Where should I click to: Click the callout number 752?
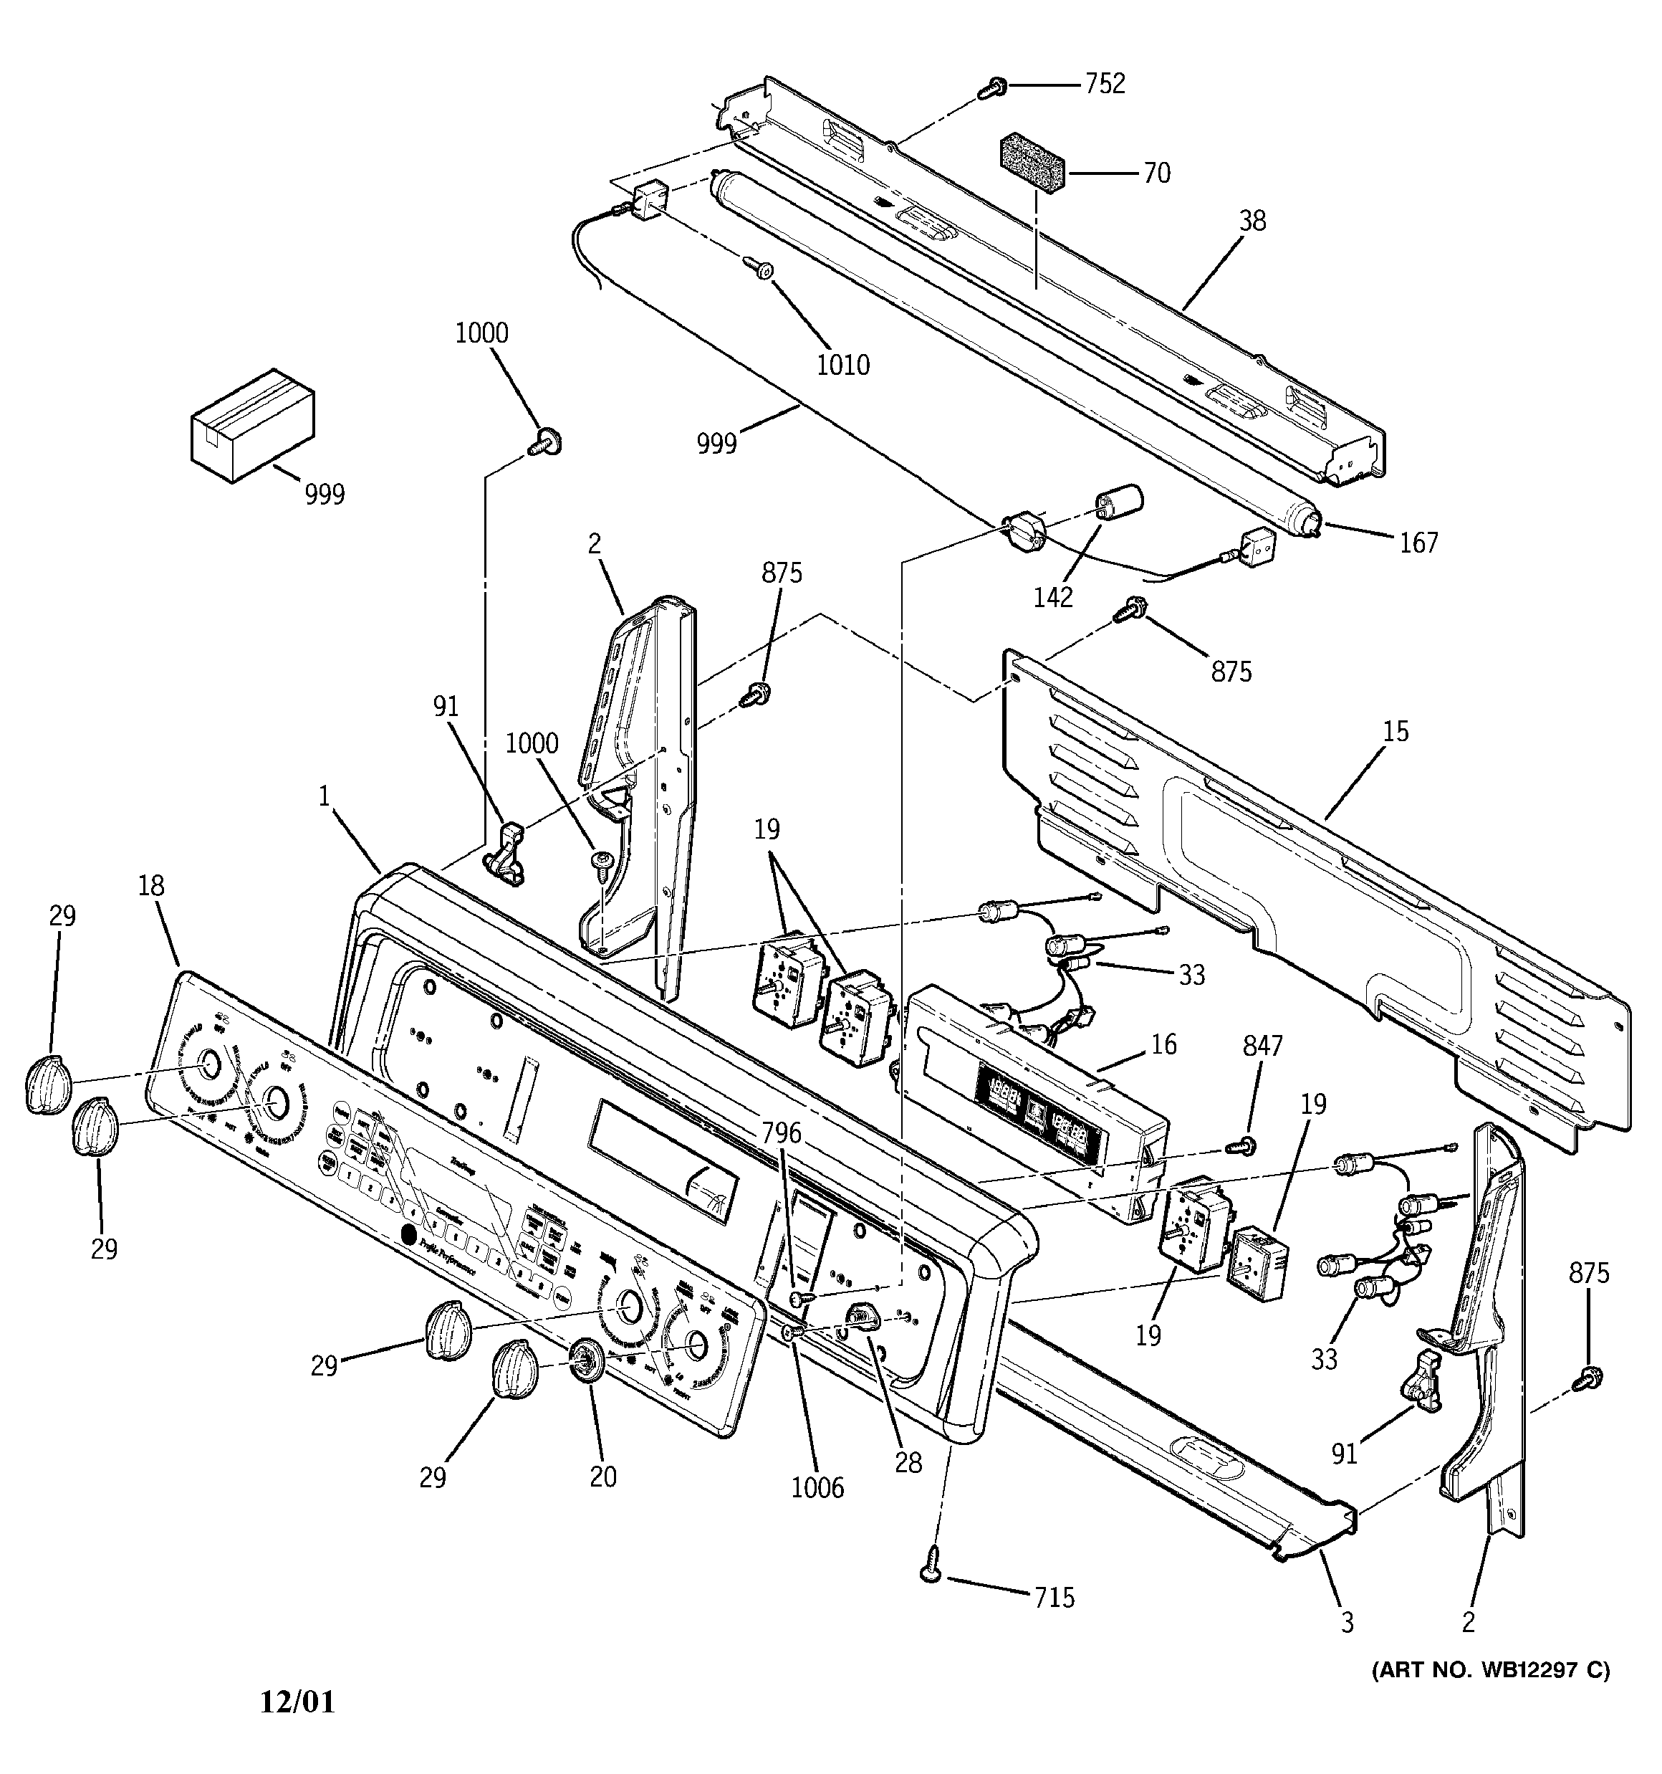pyautogui.click(x=1105, y=84)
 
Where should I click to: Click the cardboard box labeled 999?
pyautogui.click(x=252, y=425)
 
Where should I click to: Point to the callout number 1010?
pyautogui.click(x=843, y=365)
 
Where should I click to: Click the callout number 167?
pyautogui.click(x=1418, y=543)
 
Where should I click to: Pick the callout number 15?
pyautogui.click(x=1396, y=731)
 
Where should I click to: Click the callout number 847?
pyautogui.click(x=1263, y=1046)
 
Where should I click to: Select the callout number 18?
pyautogui.click(x=152, y=886)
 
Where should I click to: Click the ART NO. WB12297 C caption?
pyautogui.click(x=1491, y=1669)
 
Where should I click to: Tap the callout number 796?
pyautogui.click(x=782, y=1134)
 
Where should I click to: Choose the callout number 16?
pyautogui.click(x=1164, y=1044)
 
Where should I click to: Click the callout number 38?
pyautogui.click(x=1252, y=221)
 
